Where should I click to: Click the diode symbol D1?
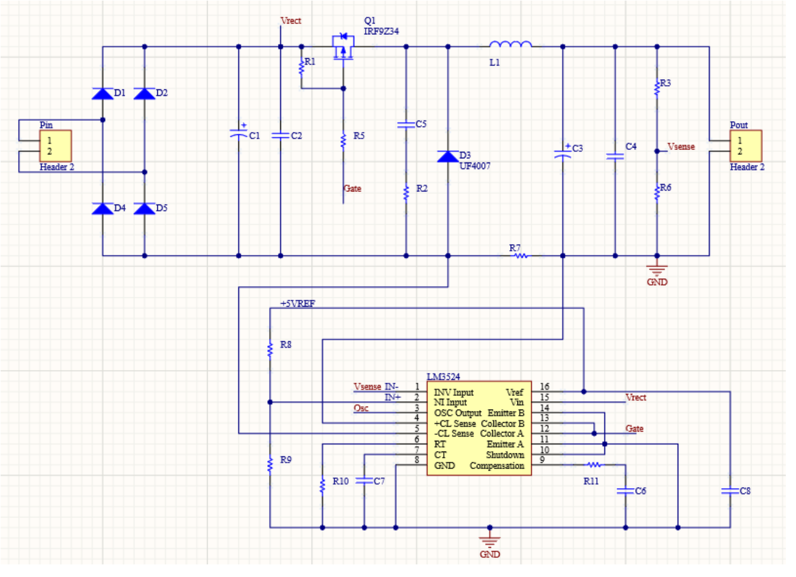(103, 93)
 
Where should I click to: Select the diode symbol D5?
(144, 208)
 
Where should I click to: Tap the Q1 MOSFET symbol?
(343, 47)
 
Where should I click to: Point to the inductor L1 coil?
(510, 44)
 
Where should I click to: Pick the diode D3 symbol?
(448, 157)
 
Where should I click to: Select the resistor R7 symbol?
(520, 256)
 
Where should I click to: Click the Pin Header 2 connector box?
(56, 146)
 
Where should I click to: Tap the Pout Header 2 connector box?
(746, 146)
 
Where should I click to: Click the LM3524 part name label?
(443, 377)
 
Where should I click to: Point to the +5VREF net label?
(298, 303)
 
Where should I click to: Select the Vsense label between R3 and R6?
(681, 146)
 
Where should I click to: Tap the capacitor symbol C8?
(730, 491)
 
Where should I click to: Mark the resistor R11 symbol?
(594, 465)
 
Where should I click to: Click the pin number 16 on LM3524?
(544, 387)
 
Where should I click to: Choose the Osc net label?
(361, 408)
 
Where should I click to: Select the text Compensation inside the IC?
(496, 465)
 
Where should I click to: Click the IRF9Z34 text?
(381, 31)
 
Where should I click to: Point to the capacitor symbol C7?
(364, 481)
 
